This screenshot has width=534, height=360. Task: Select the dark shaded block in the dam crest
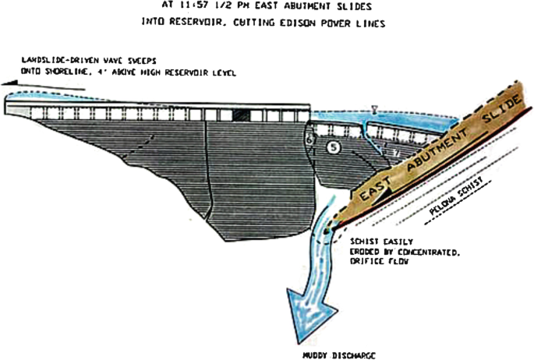[242, 115]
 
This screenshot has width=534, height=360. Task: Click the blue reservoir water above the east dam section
[405, 119]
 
